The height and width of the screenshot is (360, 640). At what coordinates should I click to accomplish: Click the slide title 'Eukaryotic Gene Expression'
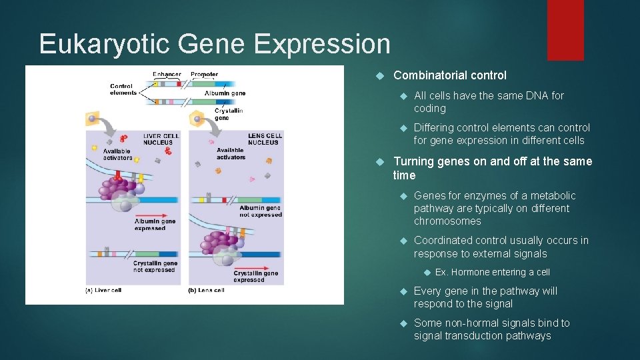click(215, 44)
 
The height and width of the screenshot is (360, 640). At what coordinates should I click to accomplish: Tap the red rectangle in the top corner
click(565, 29)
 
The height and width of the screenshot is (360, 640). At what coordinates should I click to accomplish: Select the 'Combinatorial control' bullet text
click(450, 75)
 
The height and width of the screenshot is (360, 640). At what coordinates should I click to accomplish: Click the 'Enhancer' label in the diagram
click(166, 74)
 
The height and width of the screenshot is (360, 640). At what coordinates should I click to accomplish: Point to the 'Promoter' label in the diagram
click(204, 74)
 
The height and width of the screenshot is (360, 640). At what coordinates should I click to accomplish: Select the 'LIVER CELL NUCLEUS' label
click(161, 139)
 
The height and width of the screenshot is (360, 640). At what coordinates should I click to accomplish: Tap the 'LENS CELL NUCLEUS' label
click(265, 139)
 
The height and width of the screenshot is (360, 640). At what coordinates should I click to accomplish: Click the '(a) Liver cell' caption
click(107, 290)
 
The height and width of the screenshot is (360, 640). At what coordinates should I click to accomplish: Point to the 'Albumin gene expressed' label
click(150, 225)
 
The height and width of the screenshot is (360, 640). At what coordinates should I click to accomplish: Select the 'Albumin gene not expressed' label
click(261, 211)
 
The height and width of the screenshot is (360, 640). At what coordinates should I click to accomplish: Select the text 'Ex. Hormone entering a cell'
click(492, 272)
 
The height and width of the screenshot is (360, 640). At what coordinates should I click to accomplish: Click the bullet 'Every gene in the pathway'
click(485, 297)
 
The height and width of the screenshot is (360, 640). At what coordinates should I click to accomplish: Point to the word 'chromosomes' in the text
click(447, 221)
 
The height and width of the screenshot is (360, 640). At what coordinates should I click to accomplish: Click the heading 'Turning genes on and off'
click(493, 168)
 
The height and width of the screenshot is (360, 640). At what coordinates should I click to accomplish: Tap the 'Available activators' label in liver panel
click(118, 154)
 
